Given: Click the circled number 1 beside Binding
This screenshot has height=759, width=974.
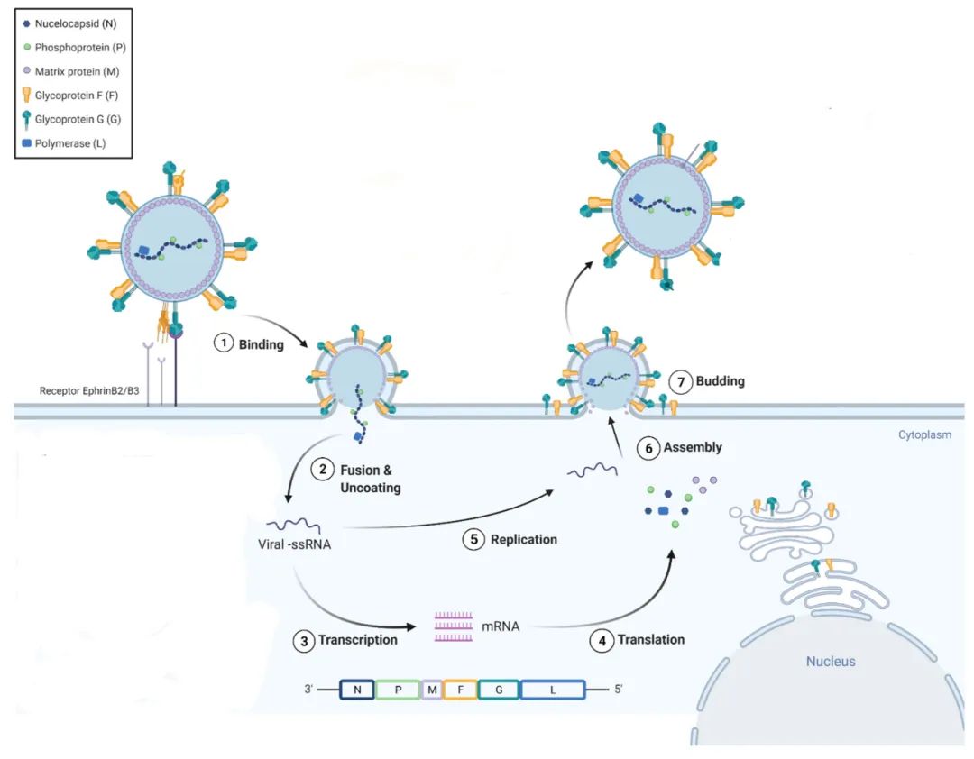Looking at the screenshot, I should pyautogui.click(x=224, y=344).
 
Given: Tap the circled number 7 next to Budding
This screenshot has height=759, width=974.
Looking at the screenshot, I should pyautogui.click(x=681, y=381).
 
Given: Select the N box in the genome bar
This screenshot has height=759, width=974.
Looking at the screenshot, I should pyautogui.click(x=358, y=690).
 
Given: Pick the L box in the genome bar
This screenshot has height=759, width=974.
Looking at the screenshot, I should pyautogui.click(x=552, y=690).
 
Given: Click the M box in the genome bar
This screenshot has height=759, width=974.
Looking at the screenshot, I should pyautogui.click(x=432, y=690).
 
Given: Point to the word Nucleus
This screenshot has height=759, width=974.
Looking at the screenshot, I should pyautogui.click(x=831, y=662).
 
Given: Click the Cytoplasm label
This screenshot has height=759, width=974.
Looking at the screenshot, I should pyautogui.click(x=924, y=435).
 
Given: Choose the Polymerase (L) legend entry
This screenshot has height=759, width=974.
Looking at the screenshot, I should pyautogui.click(x=70, y=142).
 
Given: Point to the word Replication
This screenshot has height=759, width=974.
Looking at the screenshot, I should pyautogui.click(x=524, y=540).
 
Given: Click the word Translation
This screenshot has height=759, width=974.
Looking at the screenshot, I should pyautogui.click(x=651, y=640).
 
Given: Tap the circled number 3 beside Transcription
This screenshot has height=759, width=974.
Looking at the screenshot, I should pyautogui.click(x=304, y=640).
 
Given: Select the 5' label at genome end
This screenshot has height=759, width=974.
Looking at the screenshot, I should pyautogui.click(x=618, y=690).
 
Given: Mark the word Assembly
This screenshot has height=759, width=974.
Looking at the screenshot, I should pyautogui.click(x=693, y=447).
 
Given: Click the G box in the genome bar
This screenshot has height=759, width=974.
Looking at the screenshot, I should pyautogui.click(x=499, y=690).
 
